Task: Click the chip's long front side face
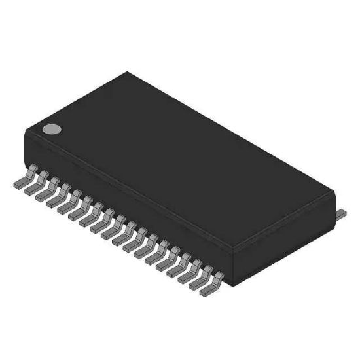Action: tap(131, 203)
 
